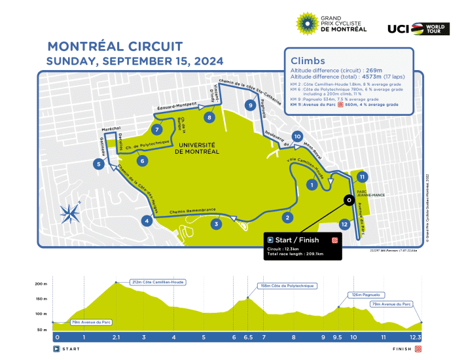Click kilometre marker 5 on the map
(x=98, y=164)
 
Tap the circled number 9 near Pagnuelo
(x=250, y=105)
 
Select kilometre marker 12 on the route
(x=344, y=224)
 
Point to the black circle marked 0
(x=348, y=200)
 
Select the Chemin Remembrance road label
(x=192, y=210)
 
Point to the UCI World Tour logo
(x=416, y=28)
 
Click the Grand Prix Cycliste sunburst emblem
(x=307, y=23)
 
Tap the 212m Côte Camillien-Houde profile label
(x=158, y=282)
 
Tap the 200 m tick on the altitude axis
(x=41, y=283)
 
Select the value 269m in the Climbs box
(x=372, y=69)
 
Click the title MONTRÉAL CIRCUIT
(x=115, y=48)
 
